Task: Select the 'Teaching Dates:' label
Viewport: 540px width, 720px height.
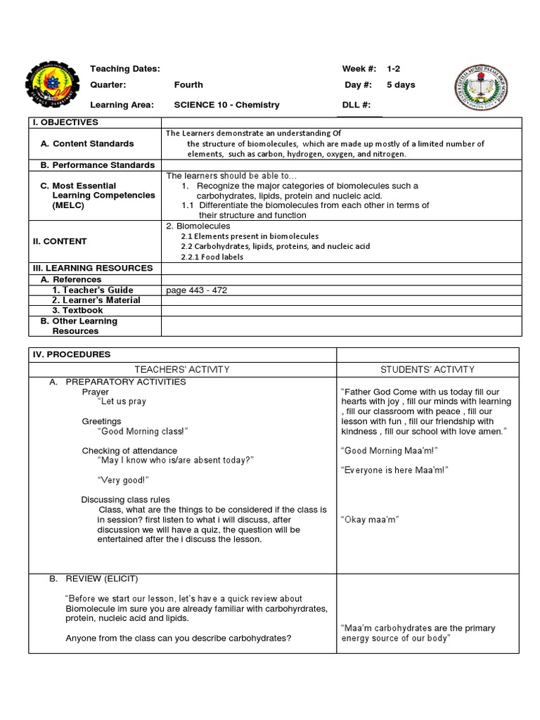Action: (x=125, y=69)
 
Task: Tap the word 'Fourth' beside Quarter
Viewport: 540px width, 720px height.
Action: (x=188, y=85)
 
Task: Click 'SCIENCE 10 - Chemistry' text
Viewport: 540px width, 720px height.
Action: (x=226, y=105)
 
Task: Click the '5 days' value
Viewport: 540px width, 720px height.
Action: (x=401, y=85)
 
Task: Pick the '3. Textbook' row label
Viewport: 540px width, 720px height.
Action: (x=77, y=310)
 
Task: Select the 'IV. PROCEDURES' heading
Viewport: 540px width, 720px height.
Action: (x=71, y=354)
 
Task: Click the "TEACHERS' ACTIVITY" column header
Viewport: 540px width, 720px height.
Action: (x=181, y=369)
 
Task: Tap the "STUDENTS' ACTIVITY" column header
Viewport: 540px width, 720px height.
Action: (x=427, y=369)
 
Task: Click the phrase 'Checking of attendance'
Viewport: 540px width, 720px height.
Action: (x=129, y=451)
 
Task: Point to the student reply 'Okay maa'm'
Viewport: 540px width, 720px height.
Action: (x=369, y=519)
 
